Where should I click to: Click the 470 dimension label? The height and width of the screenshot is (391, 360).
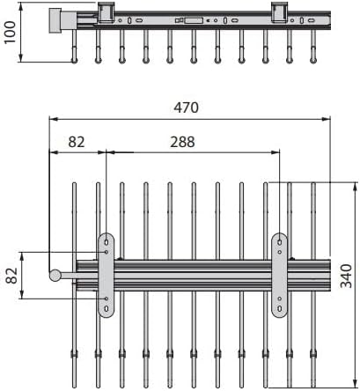click(186, 107)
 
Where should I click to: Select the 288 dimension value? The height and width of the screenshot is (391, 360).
click(182, 142)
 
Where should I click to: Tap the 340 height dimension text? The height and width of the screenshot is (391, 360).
click(346, 276)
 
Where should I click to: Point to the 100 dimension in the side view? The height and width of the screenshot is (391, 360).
click(10, 33)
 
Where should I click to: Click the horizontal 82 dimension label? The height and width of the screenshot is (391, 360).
click(77, 142)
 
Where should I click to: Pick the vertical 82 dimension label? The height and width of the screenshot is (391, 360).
click(12, 276)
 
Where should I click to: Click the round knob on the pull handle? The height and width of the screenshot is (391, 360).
click(55, 276)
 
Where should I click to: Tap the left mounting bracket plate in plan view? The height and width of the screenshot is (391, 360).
click(106, 276)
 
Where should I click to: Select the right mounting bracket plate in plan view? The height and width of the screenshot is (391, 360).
click(279, 276)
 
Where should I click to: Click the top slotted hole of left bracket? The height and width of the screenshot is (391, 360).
click(107, 242)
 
